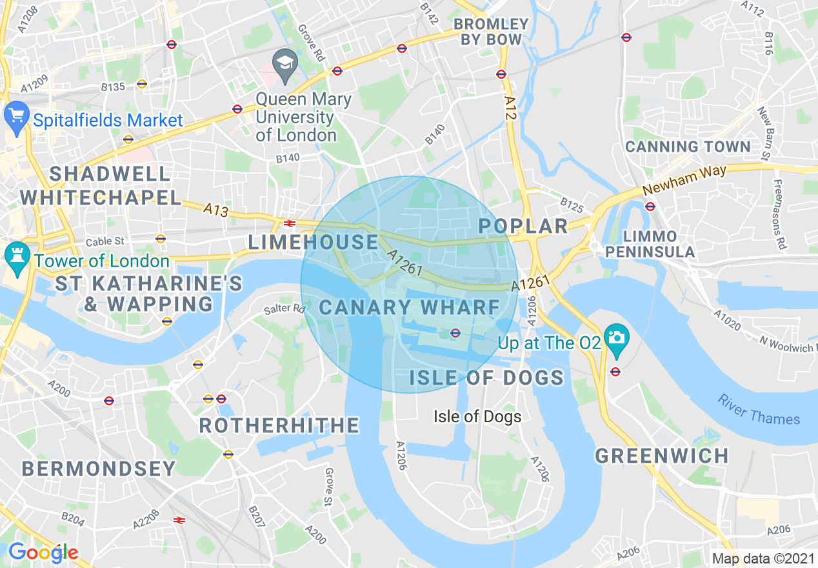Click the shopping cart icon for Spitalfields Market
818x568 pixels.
16,117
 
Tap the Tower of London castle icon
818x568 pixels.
16,258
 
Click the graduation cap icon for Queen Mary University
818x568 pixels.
283,65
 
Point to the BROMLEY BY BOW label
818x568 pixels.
491,32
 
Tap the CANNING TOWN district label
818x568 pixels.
688,147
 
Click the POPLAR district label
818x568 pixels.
523,226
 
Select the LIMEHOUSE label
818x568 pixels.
314,242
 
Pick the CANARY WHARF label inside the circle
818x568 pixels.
410,307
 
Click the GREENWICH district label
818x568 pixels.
662,456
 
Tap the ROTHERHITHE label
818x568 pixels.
279,425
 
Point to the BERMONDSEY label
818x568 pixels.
99,469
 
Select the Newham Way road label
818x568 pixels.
684,181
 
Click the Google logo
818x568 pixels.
43,553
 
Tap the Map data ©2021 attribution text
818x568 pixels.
763,558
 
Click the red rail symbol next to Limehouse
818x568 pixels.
289,223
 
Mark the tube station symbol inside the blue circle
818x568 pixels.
455,333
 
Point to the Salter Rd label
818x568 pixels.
284,309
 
